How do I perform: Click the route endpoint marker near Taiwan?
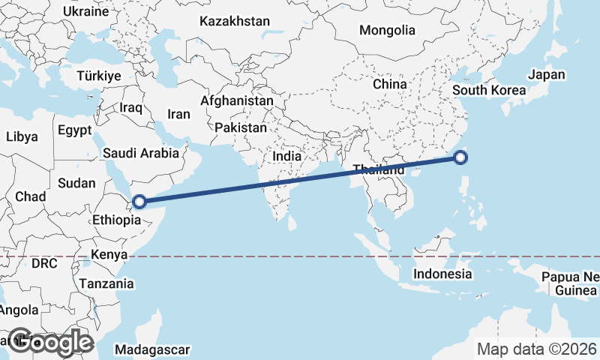point(460,157)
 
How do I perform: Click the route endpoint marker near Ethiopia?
point(139,201)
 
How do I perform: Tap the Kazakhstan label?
point(234,22)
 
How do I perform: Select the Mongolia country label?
point(387,31)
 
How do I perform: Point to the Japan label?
point(546,75)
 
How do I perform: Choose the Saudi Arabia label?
point(142,153)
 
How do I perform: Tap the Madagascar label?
point(154,349)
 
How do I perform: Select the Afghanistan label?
point(237,100)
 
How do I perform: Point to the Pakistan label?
point(240,128)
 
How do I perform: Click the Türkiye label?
point(98,76)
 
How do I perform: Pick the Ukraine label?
point(86,13)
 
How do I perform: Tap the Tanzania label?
point(108,284)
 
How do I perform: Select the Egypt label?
point(74,129)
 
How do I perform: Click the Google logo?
point(50,342)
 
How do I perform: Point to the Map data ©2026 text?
point(536,349)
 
